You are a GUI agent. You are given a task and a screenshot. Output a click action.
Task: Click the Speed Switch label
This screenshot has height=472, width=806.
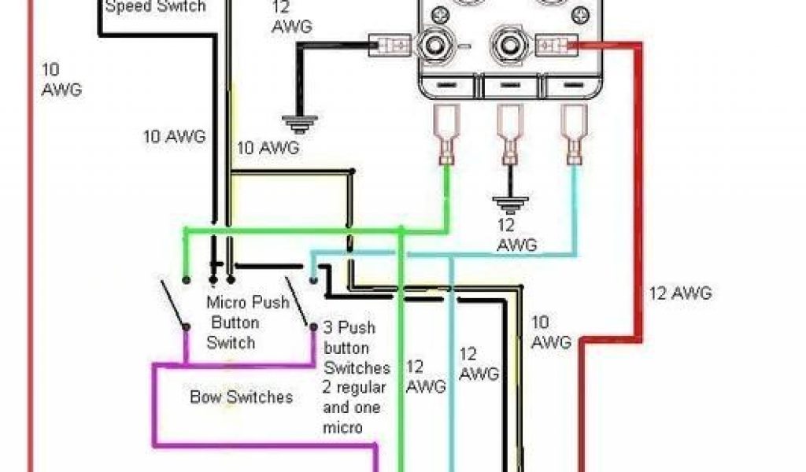click(x=155, y=7)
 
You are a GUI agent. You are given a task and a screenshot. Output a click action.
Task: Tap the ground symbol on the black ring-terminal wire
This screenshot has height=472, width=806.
click(x=300, y=122)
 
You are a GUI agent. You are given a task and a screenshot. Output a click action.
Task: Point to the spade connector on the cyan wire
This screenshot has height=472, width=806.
click(x=573, y=135)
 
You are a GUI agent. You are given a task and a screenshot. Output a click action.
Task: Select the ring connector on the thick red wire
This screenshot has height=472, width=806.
click(x=556, y=45)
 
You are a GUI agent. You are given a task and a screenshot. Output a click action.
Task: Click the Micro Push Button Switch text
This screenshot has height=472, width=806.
click(x=237, y=323)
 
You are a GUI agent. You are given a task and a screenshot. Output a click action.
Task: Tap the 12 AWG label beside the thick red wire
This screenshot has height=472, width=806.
click(x=680, y=293)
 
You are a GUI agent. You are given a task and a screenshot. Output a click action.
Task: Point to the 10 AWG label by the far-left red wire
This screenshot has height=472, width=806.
click(x=61, y=79)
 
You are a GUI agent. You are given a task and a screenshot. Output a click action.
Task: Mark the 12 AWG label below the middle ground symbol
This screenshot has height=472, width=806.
click(x=517, y=235)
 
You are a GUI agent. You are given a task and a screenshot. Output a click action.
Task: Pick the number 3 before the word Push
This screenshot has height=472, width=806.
click(x=331, y=327)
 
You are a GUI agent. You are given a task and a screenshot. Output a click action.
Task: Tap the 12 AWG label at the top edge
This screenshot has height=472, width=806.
click(x=291, y=17)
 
